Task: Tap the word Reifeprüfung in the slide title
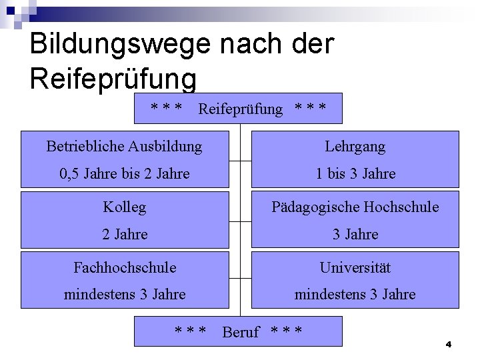click(x=113, y=78)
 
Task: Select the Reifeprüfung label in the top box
click(x=240, y=109)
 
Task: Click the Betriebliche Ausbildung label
click(x=124, y=146)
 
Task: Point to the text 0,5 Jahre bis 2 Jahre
click(x=124, y=174)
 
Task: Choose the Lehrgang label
click(x=355, y=146)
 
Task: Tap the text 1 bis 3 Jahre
click(x=355, y=174)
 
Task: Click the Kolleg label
click(x=124, y=207)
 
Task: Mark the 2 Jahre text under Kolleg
click(x=124, y=234)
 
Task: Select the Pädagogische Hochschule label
click(x=355, y=207)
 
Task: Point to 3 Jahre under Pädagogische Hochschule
click(x=355, y=234)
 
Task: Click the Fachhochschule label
click(x=125, y=267)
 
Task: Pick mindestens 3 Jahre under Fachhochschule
click(x=124, y=294)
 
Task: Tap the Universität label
click(x=355, y=267)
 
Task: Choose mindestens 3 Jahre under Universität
click(x=355, y=294)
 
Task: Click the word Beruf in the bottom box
click(x=240, y=332)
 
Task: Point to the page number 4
click(x=449, y=345)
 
